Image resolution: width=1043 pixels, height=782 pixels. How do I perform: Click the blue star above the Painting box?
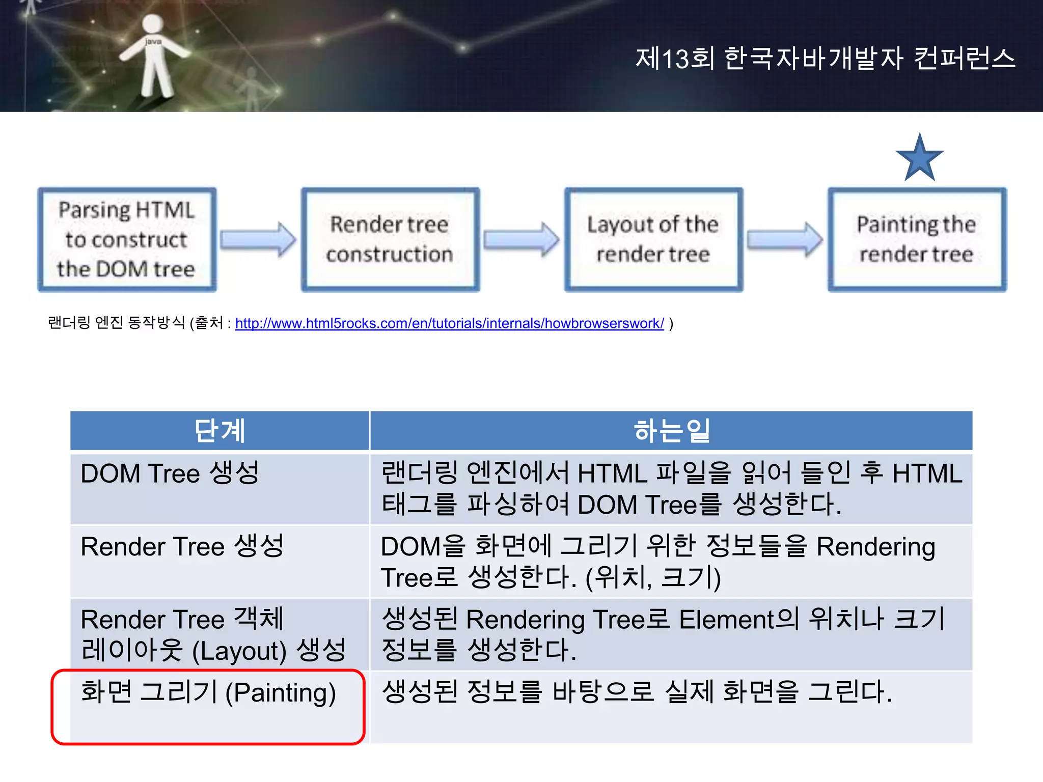pos(919,159)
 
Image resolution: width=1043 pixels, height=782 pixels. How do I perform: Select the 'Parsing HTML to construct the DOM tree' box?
pos(127,239)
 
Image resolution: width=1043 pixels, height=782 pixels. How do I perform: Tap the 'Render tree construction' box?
pos(390,239)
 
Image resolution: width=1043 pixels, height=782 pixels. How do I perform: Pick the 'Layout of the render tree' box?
pos(653,239)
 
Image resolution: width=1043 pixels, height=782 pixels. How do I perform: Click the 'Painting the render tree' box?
pos(917,239)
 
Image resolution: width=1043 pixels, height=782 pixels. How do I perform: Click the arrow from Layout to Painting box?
pos(785,239)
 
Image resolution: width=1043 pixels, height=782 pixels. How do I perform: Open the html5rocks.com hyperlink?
pos(449,323)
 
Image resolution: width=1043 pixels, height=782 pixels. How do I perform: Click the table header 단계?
pos(219,431)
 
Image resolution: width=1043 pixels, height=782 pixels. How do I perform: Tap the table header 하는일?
pos(671,431)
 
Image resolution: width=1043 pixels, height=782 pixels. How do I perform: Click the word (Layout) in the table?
pos(239,651)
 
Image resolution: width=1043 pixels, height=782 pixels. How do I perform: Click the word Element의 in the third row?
pos(739,620)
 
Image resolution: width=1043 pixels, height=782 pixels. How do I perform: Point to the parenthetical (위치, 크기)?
pos(653,578)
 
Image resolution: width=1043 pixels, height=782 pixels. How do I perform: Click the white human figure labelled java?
pos(153,56)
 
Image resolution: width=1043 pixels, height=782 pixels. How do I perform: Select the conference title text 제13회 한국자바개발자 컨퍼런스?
pos(825,58)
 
